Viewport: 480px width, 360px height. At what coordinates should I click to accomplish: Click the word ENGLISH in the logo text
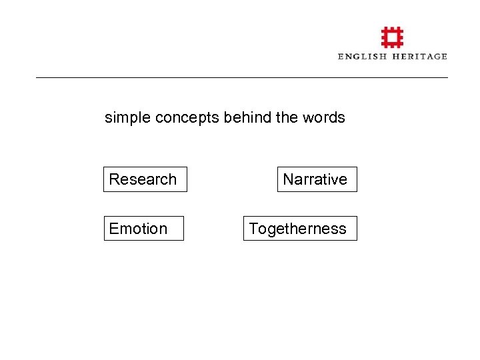coord(362,57)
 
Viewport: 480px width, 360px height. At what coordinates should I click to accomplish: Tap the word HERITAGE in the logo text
coord(419,57)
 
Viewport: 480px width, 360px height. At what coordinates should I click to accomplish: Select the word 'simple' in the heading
coord(127,118)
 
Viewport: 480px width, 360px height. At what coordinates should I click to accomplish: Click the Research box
coord(145,179)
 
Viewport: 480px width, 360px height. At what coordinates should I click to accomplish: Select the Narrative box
coord(317,179)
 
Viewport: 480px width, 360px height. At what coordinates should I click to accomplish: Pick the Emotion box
coord(143,229)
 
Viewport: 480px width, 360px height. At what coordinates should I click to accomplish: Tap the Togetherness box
coord(299,229)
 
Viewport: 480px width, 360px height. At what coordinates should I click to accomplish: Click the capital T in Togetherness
coord(253,229)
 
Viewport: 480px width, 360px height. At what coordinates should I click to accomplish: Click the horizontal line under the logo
coord(241,78)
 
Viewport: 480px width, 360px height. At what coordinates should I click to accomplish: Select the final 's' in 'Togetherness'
coord(343,229)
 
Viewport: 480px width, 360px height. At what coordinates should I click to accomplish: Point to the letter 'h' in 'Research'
coord(172,179)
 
